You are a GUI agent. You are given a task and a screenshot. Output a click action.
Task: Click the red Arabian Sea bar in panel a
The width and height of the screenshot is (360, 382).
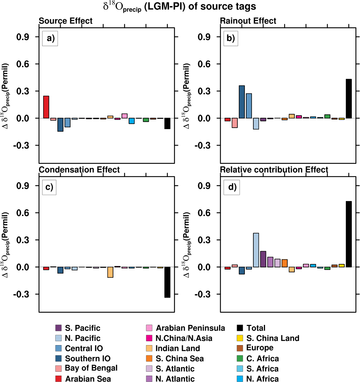46,107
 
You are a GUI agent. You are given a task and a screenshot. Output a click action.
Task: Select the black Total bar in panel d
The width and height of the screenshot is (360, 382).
349,234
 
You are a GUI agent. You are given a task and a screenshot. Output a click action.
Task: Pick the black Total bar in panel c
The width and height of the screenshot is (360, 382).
167,282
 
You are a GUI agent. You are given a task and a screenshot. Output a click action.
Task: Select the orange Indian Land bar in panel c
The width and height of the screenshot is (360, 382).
110,272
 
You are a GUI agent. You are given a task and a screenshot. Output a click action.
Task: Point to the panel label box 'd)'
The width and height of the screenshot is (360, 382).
231,187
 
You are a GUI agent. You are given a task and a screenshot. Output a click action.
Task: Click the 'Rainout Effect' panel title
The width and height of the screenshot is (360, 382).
248,21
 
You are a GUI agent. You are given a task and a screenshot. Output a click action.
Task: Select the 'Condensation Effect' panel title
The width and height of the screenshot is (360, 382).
79,170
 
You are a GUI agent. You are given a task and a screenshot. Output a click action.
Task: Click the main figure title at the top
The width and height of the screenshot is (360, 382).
180,7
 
